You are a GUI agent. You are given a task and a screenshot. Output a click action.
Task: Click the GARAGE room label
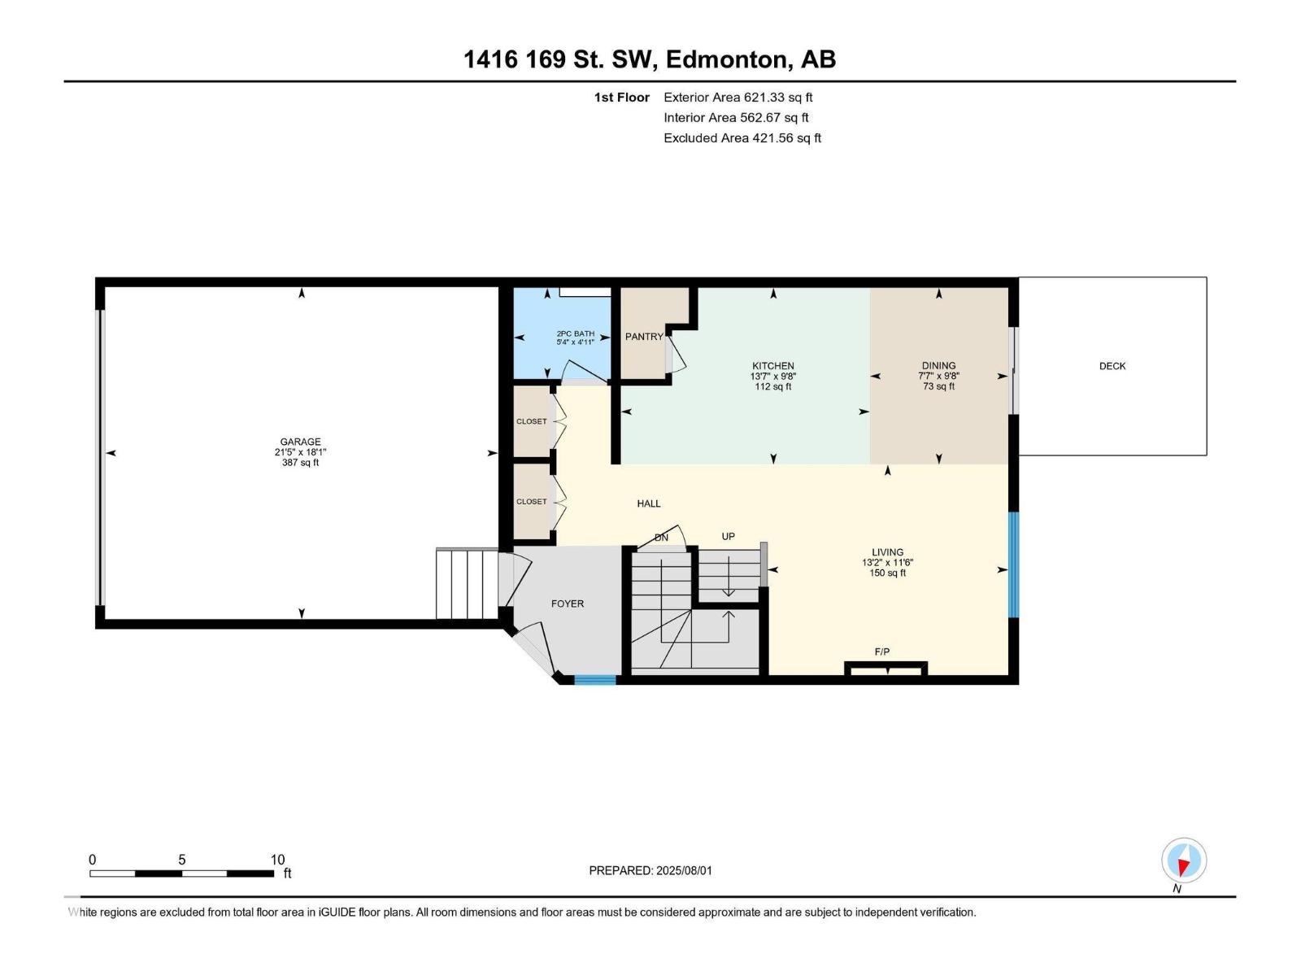[300, 442]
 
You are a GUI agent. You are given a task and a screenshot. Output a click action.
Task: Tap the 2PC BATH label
[575, 333]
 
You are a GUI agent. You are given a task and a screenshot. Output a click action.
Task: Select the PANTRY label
[643, 337]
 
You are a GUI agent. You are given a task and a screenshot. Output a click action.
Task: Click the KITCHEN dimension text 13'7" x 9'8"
[772, 377]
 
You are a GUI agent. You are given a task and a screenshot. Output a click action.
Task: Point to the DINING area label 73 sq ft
[938, 387]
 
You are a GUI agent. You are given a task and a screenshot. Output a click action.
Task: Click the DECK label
[1112, 366]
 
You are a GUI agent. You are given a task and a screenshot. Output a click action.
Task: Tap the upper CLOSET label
[531, 421]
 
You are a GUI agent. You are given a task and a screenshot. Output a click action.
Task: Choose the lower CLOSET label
[531, 502]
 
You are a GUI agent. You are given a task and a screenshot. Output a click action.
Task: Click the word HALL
[648, 503]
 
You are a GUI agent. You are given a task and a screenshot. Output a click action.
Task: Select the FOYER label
[567, 603]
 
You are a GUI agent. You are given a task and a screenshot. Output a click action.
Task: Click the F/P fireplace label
[881, 651]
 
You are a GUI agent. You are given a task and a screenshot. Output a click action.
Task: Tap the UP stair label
[728, 536]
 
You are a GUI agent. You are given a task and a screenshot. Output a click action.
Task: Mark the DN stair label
[661, 538]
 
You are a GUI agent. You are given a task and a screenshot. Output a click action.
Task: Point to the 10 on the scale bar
[277, 860]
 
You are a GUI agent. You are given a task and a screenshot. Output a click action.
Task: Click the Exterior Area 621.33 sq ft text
[738, 97]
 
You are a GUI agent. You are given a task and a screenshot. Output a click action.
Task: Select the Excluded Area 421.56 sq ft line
[742, 137]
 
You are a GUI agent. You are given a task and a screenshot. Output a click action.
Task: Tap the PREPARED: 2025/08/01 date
[650, 870]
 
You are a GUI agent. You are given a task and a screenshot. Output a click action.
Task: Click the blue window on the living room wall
[1013, 564]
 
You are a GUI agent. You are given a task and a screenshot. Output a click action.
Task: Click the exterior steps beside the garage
[466, 584]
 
